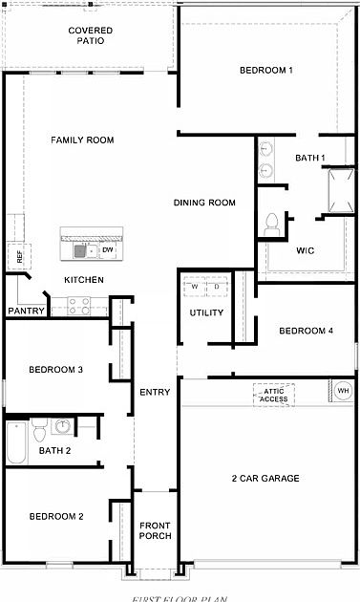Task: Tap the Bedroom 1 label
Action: [x=265, y=71]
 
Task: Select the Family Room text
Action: [x=82, y=140]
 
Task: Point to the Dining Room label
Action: [x=204, y=203]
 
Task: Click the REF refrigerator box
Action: [x=17, y=255]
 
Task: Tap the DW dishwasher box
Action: [x=108, y=250]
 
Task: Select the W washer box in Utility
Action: [x=195, y=287]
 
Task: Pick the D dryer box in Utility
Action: [x=217, y=287]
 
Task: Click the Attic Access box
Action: [x=270, y=393]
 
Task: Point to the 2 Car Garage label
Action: [x=265, y=478]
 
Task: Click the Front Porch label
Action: [x=155, y=530]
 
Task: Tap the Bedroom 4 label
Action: [x=306, y=331]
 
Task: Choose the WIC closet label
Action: [x=306, y=251]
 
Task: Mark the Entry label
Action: [x=155, y=393]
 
